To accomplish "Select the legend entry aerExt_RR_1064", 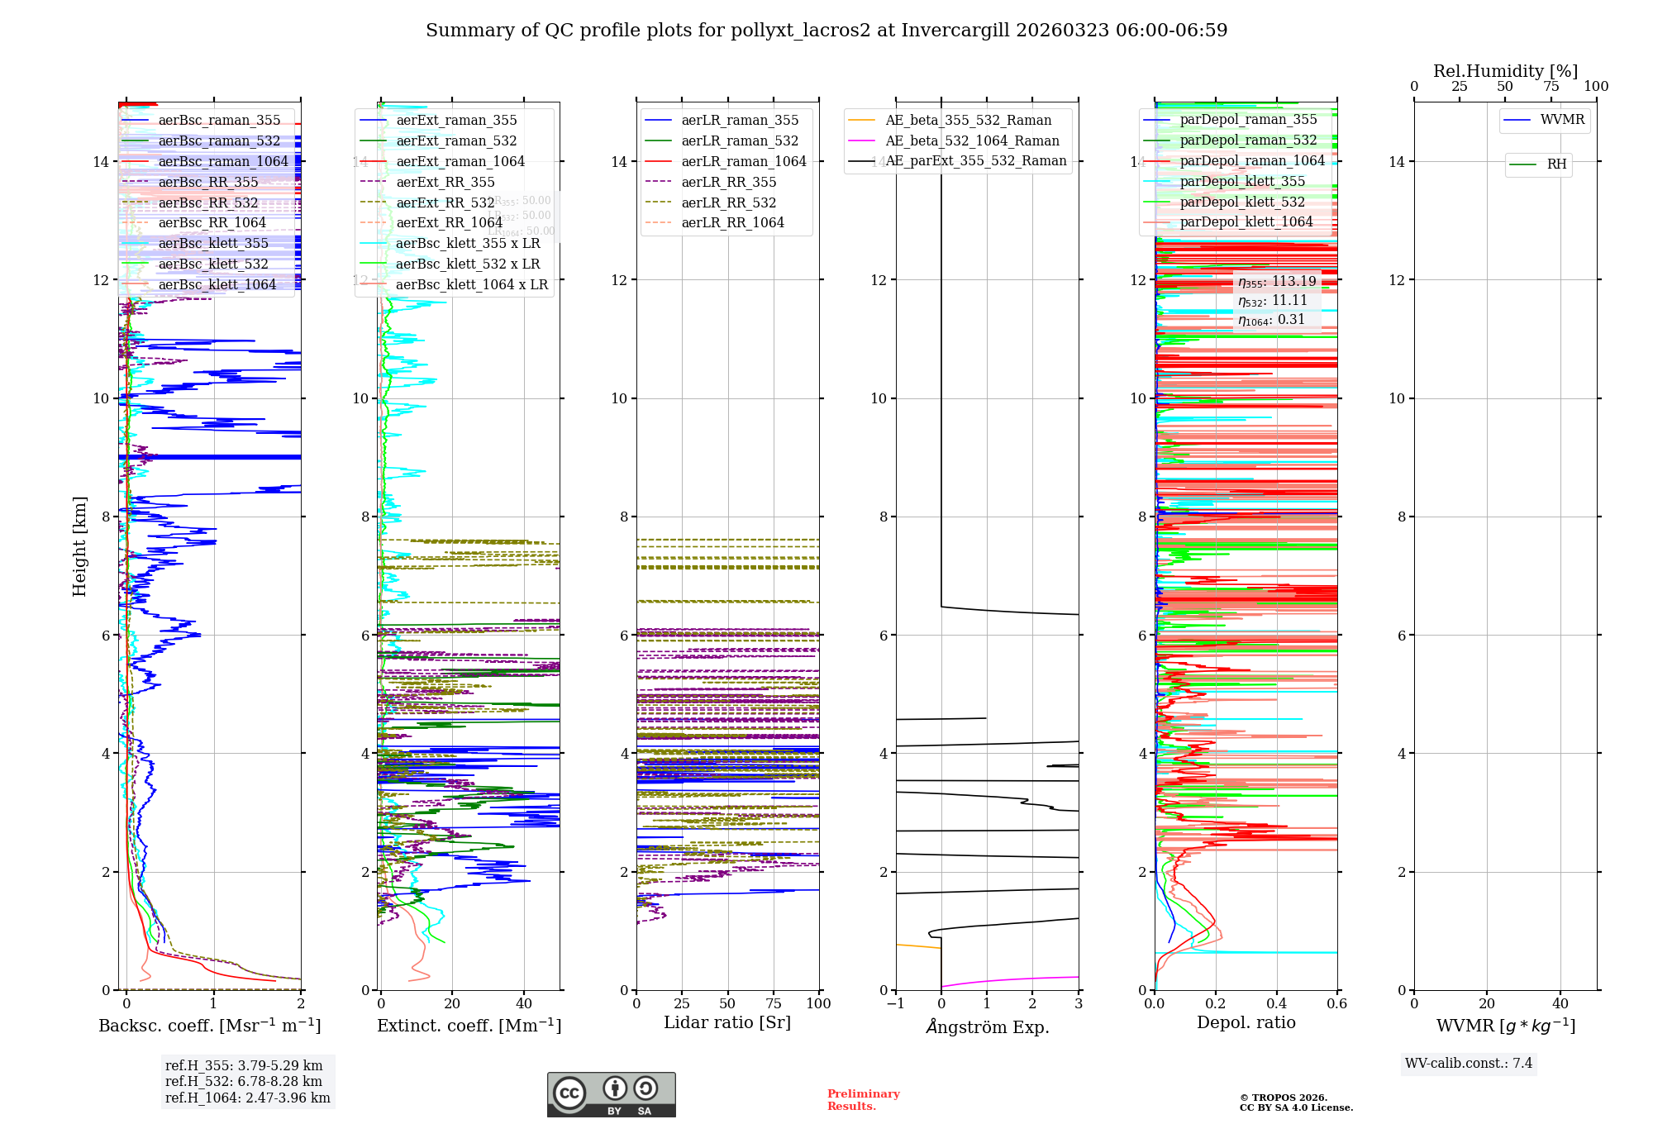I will click(449, 223).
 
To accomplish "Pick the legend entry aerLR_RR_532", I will click(728, 202).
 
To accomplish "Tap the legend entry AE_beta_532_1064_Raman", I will click(972, 140).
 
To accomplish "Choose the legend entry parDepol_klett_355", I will click(1242, 182).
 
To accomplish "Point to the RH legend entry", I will click(1556, 164).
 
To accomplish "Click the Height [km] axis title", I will click(79, 546).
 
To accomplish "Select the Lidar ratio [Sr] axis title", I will click(727, 1023).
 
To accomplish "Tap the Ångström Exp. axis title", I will click(987, 1027).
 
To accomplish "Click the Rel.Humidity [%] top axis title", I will click(1505, 71).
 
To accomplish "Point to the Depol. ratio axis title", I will click(1246, 1023).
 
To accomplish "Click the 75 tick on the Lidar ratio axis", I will click(774, 1004).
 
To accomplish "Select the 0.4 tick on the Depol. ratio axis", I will click(1276, 1004).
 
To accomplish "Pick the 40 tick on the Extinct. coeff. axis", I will click(524, 1004).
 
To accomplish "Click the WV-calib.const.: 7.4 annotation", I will click(1469, 1064).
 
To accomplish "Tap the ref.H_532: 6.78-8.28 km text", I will click(244, 1082).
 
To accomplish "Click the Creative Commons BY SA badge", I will click(611, 1095).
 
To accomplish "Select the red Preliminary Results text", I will click(863, 1100).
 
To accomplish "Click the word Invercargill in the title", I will click(956, 31).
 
